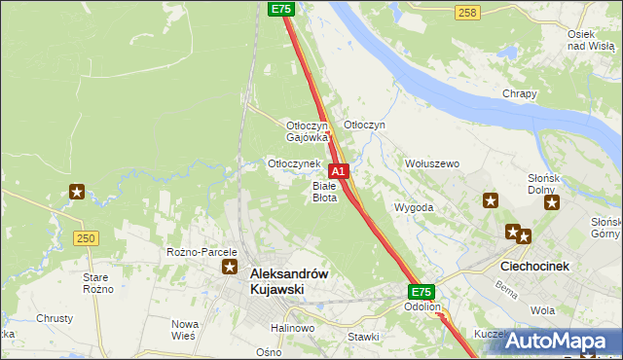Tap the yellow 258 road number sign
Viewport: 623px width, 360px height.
[467, 12]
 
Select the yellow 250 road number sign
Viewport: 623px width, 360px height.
[86, 238]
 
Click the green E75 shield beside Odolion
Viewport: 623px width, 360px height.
[420, 291]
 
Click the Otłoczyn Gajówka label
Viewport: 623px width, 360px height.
[308, 131]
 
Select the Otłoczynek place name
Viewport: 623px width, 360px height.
[294, 163]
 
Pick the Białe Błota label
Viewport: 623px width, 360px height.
[324, 191]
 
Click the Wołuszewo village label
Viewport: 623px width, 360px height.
[431, 163]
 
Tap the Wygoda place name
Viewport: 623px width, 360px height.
[413, 207]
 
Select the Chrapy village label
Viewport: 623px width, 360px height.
[520, 93]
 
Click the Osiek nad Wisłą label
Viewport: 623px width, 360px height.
[589, 40]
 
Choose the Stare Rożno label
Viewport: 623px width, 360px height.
[98, 283]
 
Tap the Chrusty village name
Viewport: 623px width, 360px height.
[55, 318]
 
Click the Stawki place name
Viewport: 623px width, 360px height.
[362, 337]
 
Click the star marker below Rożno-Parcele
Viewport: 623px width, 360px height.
[230, 267]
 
